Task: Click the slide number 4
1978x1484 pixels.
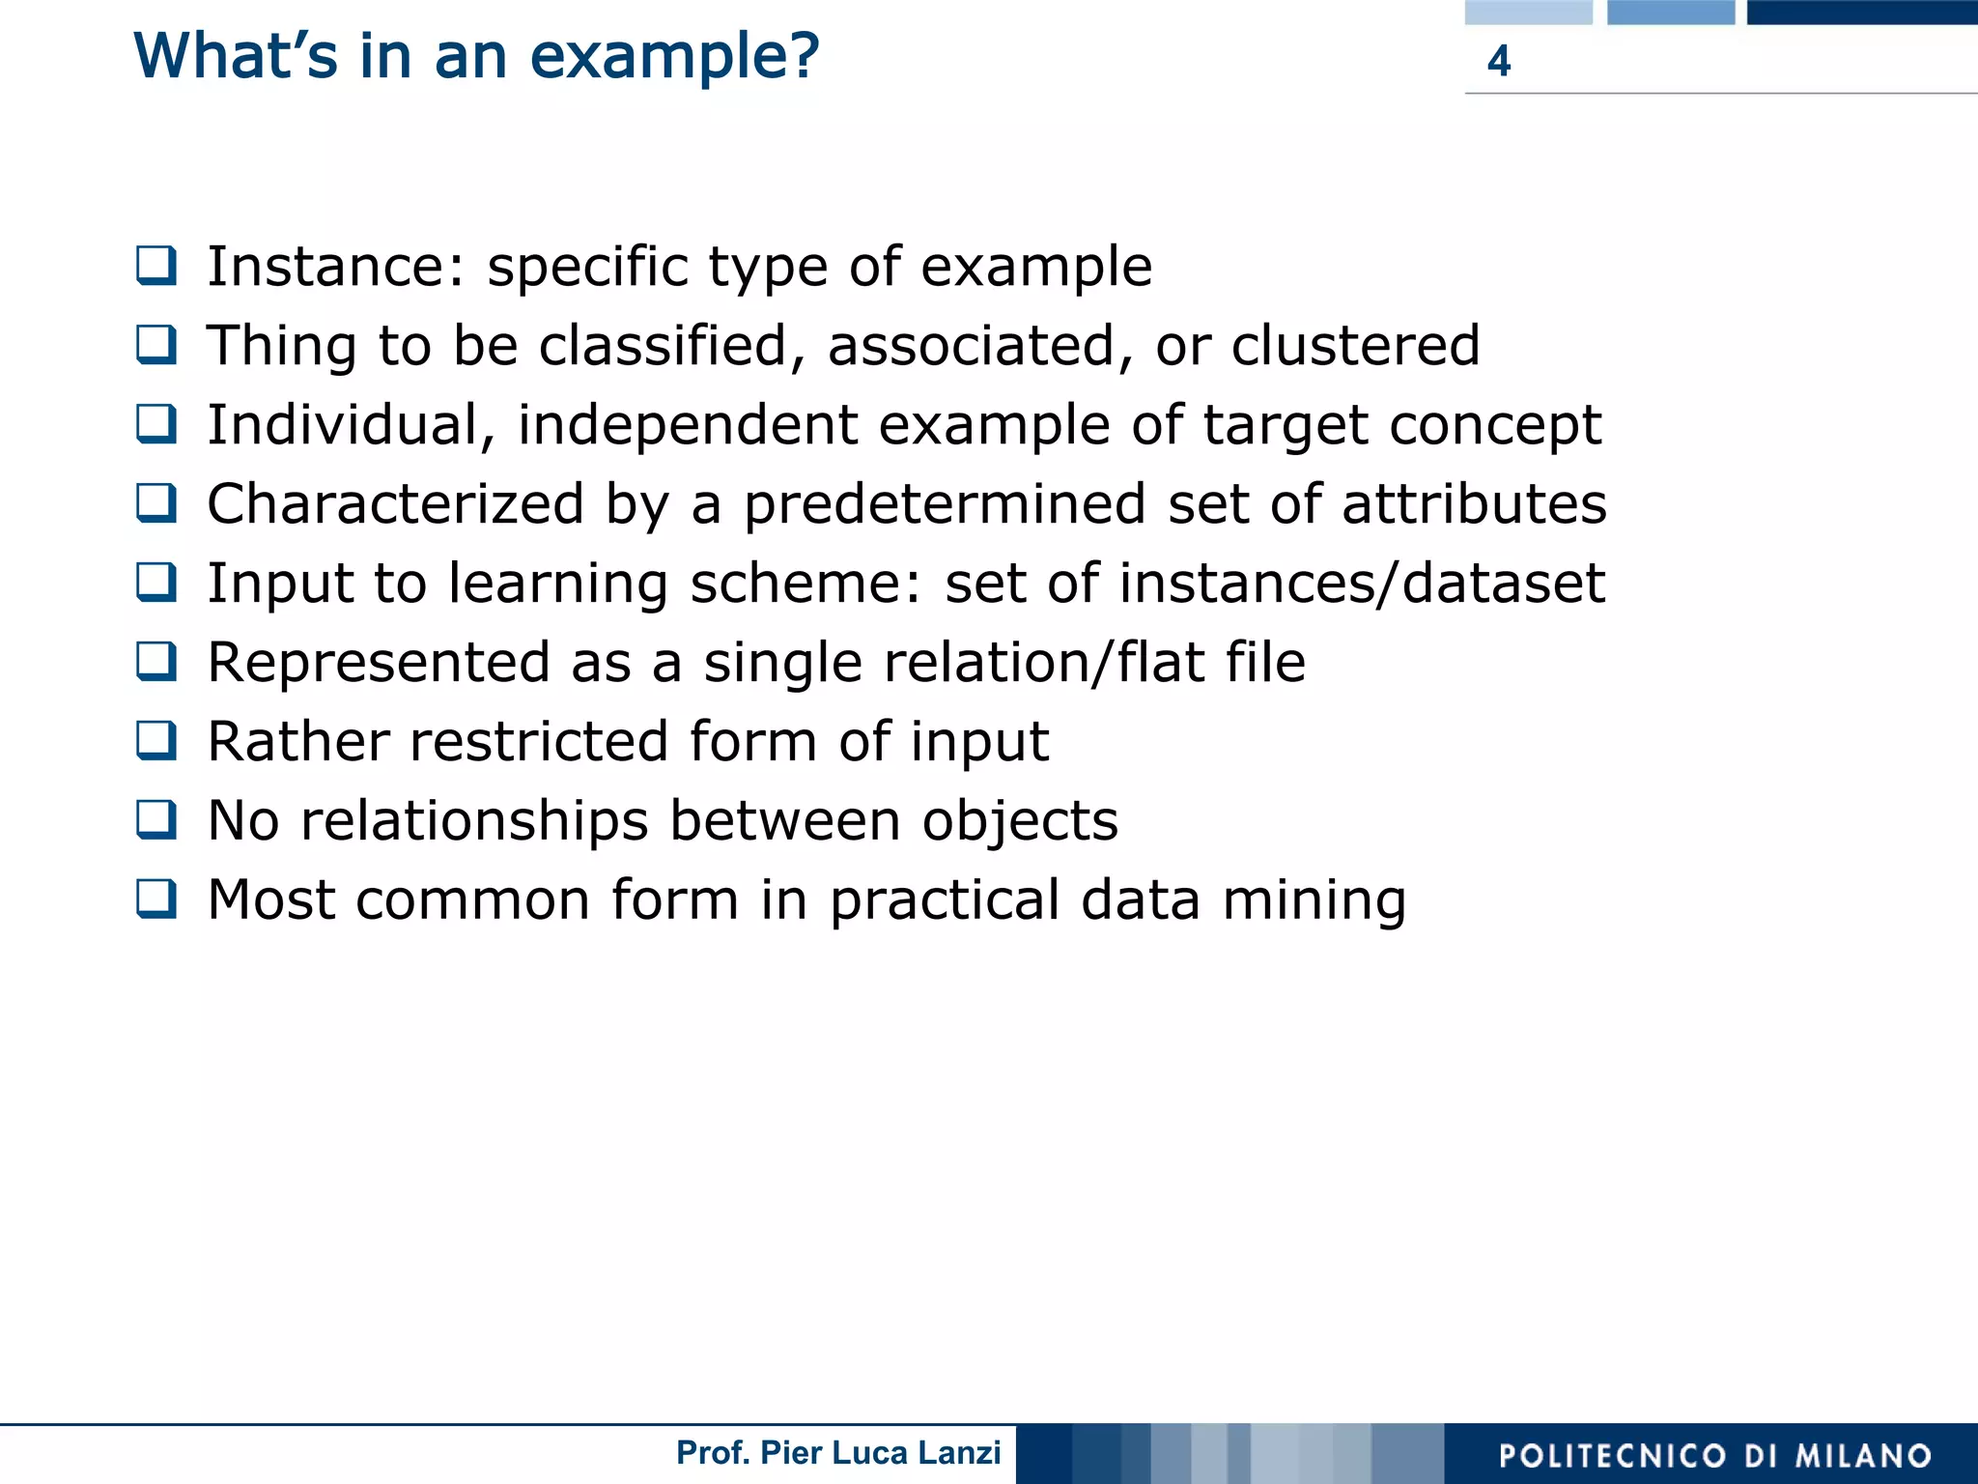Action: coord(1498,61)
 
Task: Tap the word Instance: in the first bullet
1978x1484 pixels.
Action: coord(336,267)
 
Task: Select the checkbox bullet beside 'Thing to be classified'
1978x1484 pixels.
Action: coord(156,344)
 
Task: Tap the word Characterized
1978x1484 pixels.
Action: coord(395,503)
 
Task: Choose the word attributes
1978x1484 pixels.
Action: coord(1474,503)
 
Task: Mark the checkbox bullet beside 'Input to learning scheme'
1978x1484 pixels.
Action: coord(156,582)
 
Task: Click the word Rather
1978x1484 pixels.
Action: coord(298,741)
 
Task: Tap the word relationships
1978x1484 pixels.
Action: coord(474,821)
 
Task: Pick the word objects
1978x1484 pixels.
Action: coord(1020,821)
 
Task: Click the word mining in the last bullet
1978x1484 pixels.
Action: coord(1314,900)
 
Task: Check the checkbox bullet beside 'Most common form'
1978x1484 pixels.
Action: coord(156,899)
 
